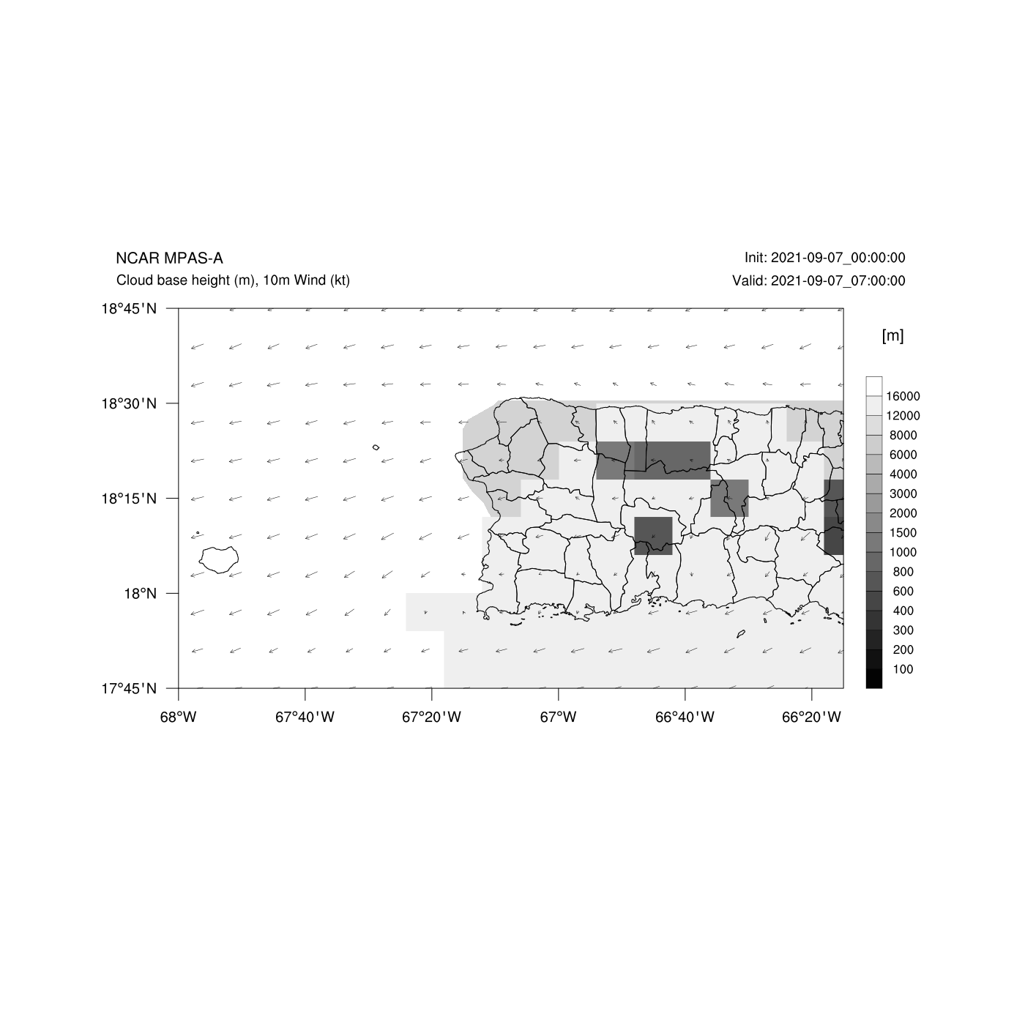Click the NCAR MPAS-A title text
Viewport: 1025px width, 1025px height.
[x=169, y=258]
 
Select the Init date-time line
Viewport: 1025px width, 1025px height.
[x=824, y=258]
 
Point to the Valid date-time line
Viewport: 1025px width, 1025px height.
[x=819, y=280]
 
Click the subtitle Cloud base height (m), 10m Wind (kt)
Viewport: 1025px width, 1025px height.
[x=233, y=280]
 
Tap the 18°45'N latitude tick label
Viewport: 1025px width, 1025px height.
[x=130, y=308]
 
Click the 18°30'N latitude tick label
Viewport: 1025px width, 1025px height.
[x=130, y=403]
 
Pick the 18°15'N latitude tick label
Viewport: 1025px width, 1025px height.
[x=130, y=499]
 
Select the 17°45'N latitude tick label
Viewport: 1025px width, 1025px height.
[x=130, y=688]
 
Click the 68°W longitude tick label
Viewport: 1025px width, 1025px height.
[x=178, y=717]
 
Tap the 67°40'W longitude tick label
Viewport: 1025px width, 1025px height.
[x=305, y=717]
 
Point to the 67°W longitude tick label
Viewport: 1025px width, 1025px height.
[x=558, y=717]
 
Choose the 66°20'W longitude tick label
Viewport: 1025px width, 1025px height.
[x=811, y=717]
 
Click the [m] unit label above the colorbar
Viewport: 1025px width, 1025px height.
[x=892, y=335]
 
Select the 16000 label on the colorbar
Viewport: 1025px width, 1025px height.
[x=903, y=396]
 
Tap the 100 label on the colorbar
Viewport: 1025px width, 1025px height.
[x=903, y=669]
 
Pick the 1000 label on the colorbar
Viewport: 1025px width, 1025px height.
[x=903, y=552]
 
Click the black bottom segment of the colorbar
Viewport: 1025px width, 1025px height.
[x=874, y=678]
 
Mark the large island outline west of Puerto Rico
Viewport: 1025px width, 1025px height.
[x=219, y=559]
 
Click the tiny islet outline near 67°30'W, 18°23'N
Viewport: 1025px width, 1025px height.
[x=376, y=447]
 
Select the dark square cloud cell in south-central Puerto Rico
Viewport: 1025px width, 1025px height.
[x=653, y=536]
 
